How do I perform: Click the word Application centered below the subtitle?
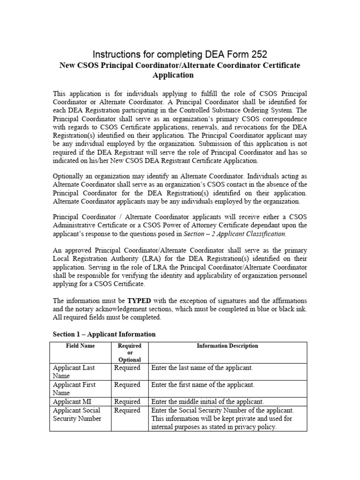[173, 75]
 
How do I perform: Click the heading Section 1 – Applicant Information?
[104, 334]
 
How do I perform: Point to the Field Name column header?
[80, 346]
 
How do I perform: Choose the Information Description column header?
[227, 346]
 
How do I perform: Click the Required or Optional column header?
[129, 352]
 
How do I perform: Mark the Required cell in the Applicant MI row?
[127, 402]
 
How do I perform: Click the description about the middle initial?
[208, 402]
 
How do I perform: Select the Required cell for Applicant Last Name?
[127, 368]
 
